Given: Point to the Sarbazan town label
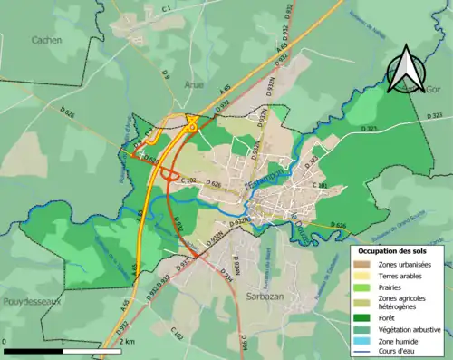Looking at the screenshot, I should [x=264, y=297].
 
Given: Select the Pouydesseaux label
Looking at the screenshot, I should [x=31, y=300].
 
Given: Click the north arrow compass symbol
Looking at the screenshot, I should [x=404, y=69].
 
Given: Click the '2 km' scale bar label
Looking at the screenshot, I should [x=127, y=342].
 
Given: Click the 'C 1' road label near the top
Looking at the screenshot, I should [x=167, y=8].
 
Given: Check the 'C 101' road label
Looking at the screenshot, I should [x=323, y=185].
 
